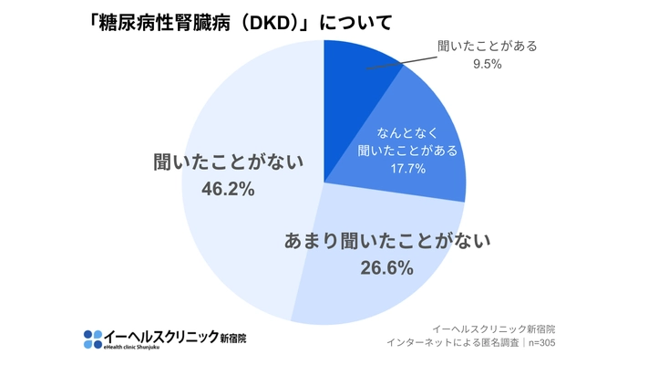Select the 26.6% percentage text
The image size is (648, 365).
pyautogui.click(x=387, y=268)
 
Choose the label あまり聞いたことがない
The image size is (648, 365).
pyautogui.click(x=387, y=242)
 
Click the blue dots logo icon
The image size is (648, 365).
pyautogui.click(x=94, y=339)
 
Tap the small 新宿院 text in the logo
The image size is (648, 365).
pyautogui.click(x=232, y=338)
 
